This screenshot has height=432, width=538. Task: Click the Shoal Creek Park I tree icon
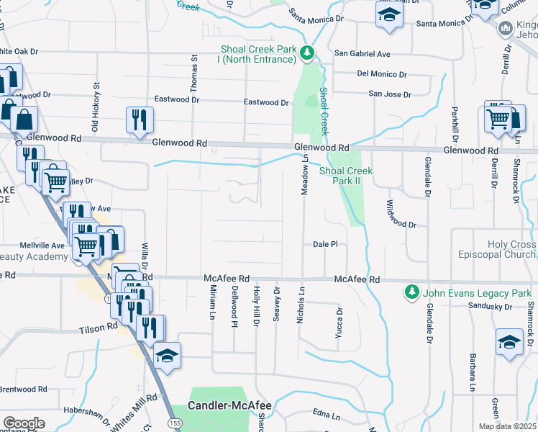307,53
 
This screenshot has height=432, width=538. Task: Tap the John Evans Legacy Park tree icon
411,293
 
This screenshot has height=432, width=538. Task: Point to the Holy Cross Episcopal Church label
497,250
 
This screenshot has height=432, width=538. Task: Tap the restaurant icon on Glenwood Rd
137,120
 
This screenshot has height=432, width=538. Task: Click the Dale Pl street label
325,245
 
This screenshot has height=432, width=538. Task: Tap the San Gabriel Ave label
363,54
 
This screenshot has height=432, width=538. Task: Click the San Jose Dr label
389,94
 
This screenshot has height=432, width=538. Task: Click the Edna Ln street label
326,415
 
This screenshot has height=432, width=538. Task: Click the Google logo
24,423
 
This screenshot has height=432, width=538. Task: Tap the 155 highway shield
175,420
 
